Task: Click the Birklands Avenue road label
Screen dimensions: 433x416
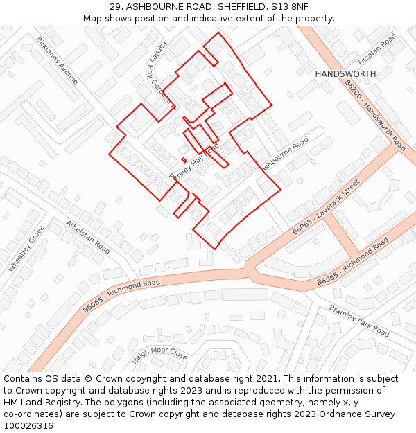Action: tap(58, 60)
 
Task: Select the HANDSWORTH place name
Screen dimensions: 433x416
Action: tap(345, 73)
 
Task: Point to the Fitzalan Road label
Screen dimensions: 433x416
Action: tap(378, 48)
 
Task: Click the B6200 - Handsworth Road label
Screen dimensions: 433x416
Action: tap(375, 116)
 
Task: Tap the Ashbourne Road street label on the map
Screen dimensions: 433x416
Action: tap(284, 154)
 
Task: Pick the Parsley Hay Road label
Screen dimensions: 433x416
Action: tap(194, 162)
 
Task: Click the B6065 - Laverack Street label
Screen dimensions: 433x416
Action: tap(326, 207)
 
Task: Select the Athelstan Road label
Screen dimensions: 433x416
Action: tap(88, 236)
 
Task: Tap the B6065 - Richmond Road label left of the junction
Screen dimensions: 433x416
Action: tap(121, 295)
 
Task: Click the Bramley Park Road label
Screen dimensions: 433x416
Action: tap(359, 320)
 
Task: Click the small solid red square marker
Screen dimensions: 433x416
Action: tap(184, 160)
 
